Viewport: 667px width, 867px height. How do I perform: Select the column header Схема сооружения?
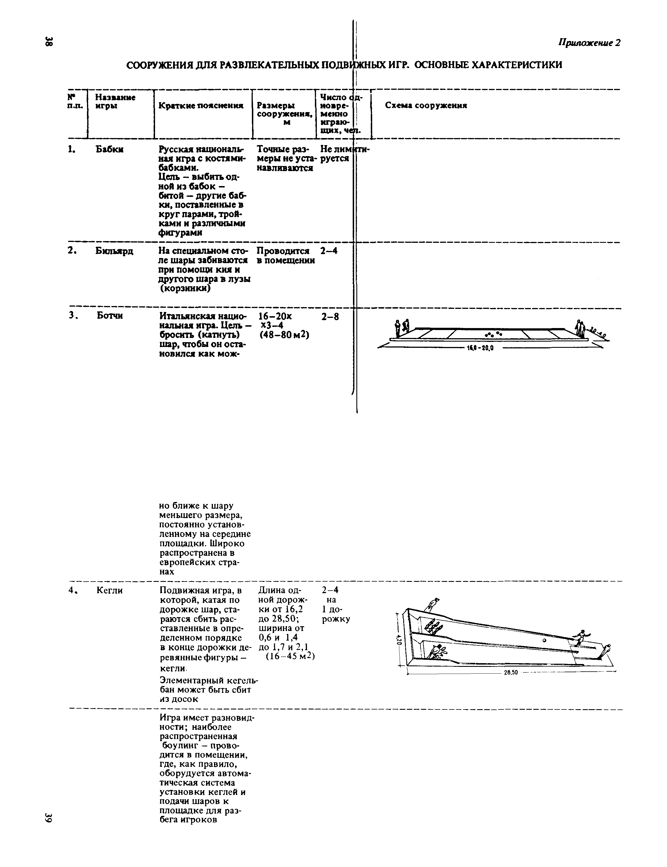(x=426, y=105)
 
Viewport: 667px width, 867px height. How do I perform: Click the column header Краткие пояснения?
(x=201, y=106)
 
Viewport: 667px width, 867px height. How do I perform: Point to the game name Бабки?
(x=110, y=150)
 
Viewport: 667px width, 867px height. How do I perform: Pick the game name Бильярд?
(x=114, y=251)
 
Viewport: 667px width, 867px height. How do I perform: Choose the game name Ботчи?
(x=110, y=316)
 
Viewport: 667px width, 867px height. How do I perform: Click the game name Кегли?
(x=110, y=591)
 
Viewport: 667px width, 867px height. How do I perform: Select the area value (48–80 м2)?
(x=284, y=335)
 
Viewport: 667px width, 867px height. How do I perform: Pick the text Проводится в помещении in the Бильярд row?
(x=285, y=256)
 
